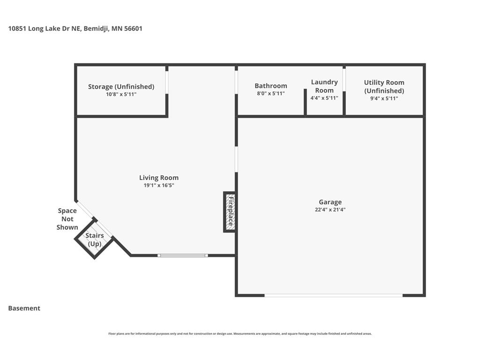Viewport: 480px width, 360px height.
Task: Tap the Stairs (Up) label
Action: [x=95, y=240]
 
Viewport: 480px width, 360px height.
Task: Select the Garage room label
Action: [x=330, y=202]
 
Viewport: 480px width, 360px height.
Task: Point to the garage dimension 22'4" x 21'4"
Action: [x=330, y=210]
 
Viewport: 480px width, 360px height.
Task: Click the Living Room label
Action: [x=159, y=178]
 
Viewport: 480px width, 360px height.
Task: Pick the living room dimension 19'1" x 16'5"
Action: [x=159, y=185]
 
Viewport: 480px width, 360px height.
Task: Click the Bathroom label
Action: [x=271, y=86]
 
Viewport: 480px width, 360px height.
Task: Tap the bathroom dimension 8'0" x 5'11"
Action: [x=271, y=93]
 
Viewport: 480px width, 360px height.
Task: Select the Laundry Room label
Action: [x=324, y=86]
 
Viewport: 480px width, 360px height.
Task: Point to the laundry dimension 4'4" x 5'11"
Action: [x=324, y=98]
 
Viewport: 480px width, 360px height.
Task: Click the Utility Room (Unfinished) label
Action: [x=384, y=87]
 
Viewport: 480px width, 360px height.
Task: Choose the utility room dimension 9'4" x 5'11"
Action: [x=384, y=98]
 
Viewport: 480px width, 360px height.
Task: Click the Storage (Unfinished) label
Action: [x=121, y=87]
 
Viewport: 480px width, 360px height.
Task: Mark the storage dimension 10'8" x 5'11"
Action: [x=121, y=94]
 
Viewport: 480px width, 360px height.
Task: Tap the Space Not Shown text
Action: [x=67, y=219]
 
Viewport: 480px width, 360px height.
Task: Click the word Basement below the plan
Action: [x=24, y=308]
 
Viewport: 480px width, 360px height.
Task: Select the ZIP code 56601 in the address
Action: [x=133, y=29]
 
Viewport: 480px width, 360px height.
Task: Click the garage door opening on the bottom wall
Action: [x=333, y=295]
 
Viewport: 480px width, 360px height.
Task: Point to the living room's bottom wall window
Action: [x=183, y=255]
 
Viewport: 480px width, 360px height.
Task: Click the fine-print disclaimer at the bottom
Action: [x=240, y=334]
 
